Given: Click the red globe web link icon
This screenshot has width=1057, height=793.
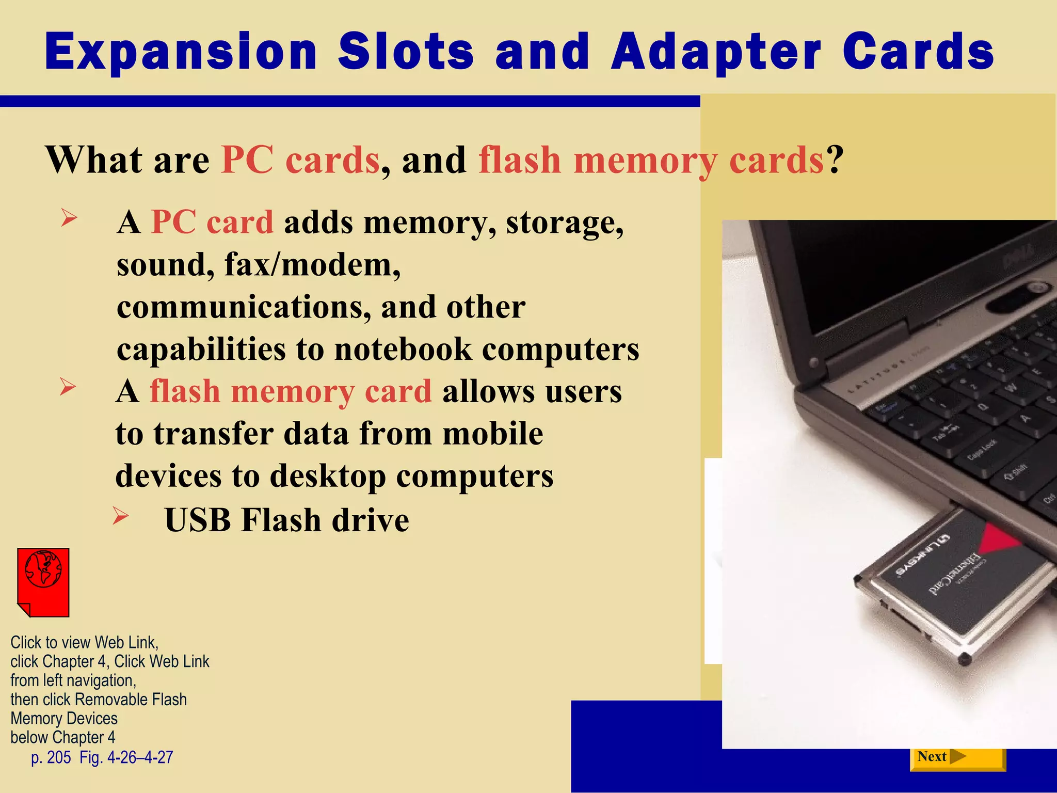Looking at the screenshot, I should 43,582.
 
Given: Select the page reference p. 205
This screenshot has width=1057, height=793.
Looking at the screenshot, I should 51,757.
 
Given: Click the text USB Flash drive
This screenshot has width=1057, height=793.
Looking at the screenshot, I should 286,520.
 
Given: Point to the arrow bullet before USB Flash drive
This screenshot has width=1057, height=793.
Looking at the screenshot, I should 120,516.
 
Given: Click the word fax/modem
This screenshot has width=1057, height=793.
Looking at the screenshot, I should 312,265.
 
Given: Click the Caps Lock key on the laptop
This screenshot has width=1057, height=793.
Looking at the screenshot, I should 982,450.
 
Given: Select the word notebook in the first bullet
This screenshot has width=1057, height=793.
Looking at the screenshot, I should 403,350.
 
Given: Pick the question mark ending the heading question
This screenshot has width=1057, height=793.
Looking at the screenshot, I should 835,160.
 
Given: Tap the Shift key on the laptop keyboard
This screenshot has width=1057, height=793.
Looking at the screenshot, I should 1015,471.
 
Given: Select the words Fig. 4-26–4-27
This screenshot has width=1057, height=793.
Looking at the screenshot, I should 126,757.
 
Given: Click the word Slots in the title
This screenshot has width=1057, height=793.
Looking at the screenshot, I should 406,52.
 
